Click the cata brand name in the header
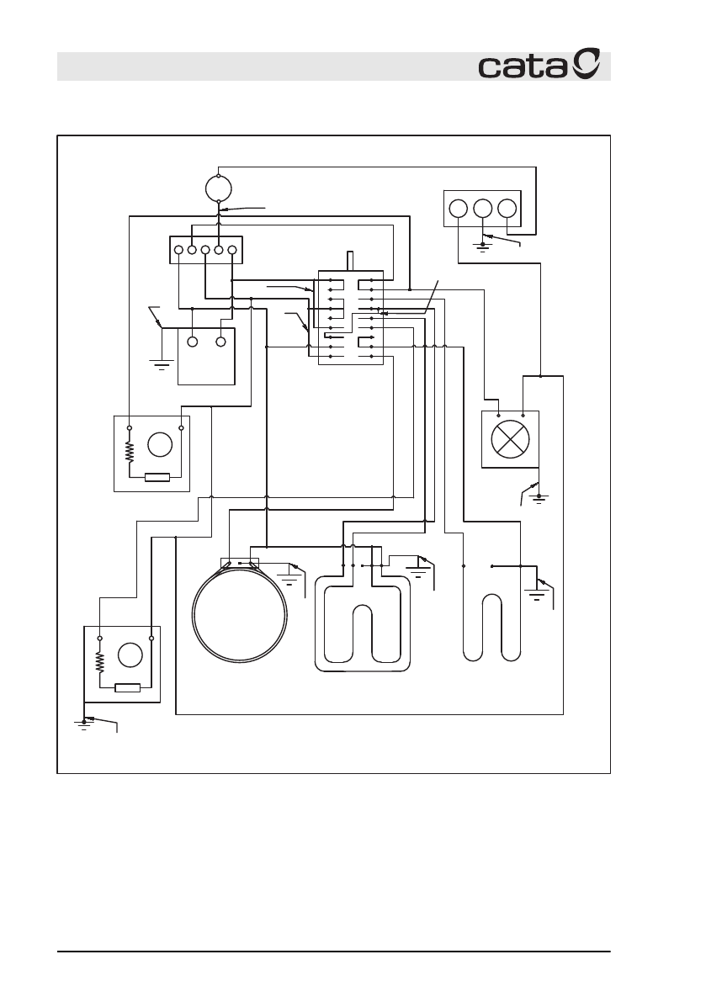(x=523, y=67)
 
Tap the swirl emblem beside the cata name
(x=587, y=64)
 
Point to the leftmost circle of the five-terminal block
(x=179, y=250)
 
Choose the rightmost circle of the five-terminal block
(x=231, y=250)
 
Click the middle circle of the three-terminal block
(x=482, y=209)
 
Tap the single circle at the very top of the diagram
(x=218, y=189)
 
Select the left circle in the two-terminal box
(x=193, y=342)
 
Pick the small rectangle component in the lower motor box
(x=126, y=687)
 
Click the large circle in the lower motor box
(x=130, y=655)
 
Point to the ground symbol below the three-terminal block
(x=482, y=247)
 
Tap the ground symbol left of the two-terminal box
(x=161, y=363)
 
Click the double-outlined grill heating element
(x=363, y=623)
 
